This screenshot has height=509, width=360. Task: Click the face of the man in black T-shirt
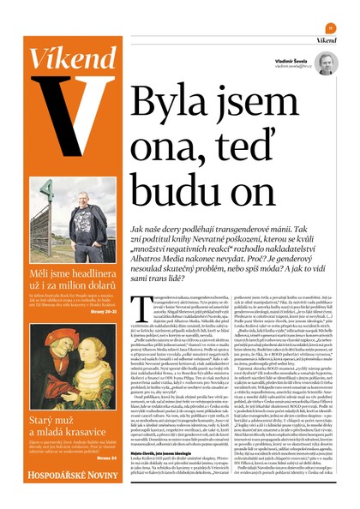point(77,189)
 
